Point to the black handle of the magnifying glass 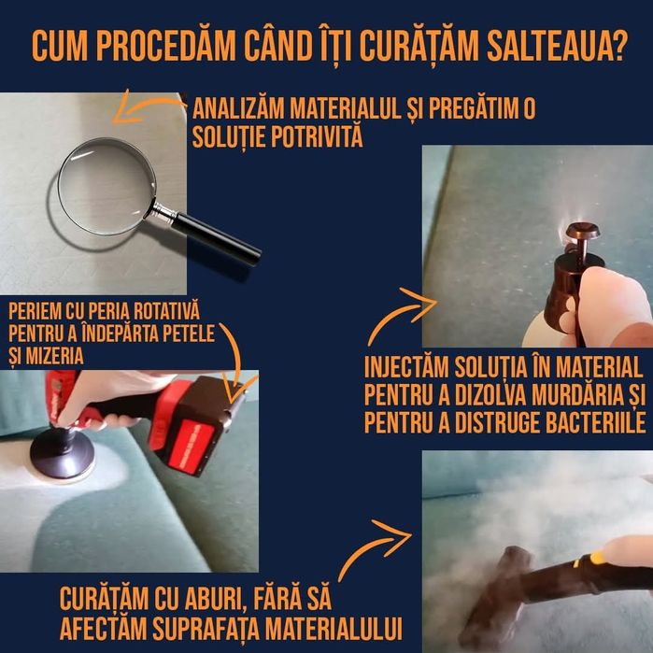217,236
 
